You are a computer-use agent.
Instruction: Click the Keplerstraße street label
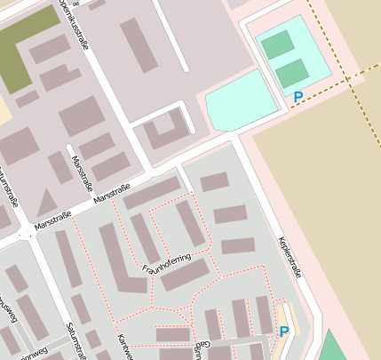click(x=289, y=257)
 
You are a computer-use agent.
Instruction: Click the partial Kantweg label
click(x=124, y=348)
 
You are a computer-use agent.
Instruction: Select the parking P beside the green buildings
click(x=298, y=97)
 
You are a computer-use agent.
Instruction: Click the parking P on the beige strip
click(x=284, y=332)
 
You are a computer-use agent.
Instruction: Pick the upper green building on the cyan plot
click(x=277, y=44)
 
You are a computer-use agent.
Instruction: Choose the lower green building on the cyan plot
click(x=291, y=74)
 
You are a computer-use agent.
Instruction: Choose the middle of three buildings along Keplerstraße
click(x=231, y=214)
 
